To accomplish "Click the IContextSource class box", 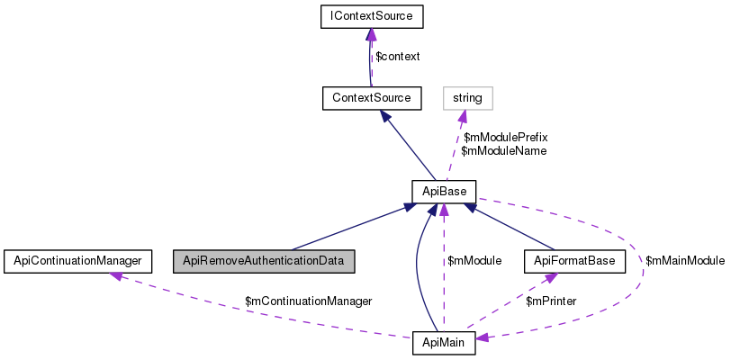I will [x=371, y=16].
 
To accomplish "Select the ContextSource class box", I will [x=371, y=97].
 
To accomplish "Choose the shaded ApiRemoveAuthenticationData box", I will [x=265, y=261].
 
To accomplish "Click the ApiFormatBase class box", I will [x=574, y=261].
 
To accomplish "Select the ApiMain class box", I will [x=443, y=343].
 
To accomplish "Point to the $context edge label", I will [x=397, y=57].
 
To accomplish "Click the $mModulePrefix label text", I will [x=505, y=137].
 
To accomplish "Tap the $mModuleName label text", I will [x=503, y=151].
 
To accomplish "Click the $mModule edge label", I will [x=474, y=261].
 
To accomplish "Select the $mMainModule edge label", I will [x=685, y=261].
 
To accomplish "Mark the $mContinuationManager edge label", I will [x=309, y=300].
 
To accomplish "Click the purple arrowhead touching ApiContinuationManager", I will [x=116, y=274].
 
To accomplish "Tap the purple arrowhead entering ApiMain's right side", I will [x=483, y=338].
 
